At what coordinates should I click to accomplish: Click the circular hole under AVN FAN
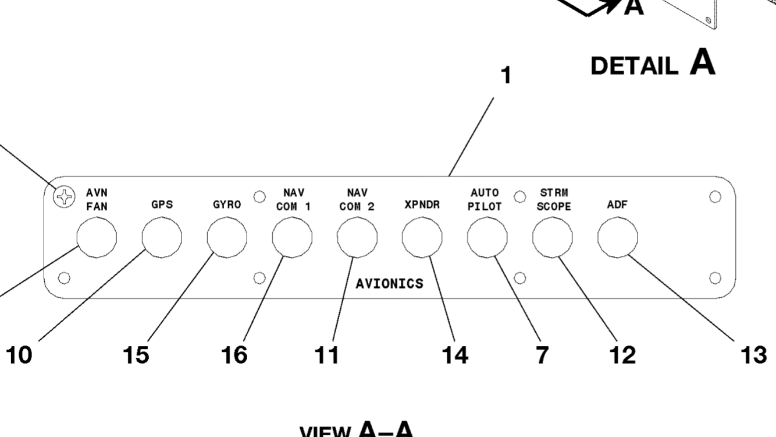pos(97,237)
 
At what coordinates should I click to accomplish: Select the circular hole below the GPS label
pos(162,237)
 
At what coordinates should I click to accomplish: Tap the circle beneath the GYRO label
pos(227,237)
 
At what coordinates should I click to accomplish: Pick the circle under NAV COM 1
pos(292,237)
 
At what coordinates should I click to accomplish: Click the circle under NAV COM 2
pos(357,237)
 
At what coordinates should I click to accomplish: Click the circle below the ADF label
pos(617,237)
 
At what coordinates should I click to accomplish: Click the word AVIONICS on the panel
pos(389,283)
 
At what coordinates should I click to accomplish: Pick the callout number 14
pos(454,355)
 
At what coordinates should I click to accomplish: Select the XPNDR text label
pos(422,205)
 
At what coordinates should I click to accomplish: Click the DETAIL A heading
pos(653,65)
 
